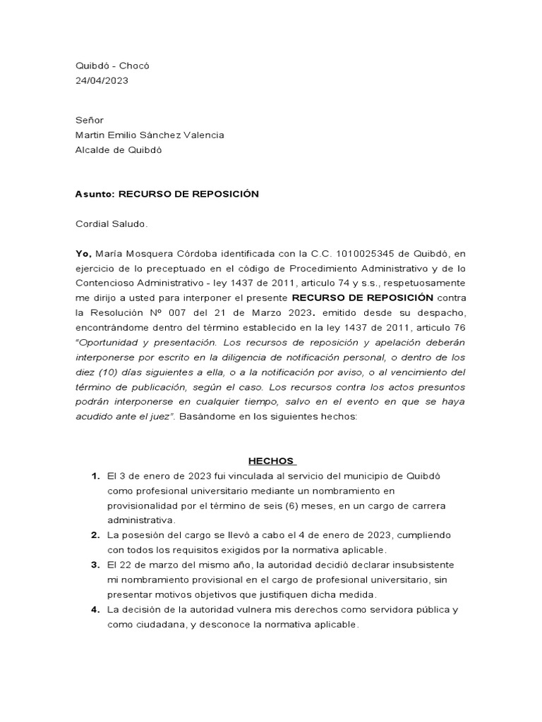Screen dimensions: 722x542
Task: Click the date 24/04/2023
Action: click(x=102, y=80)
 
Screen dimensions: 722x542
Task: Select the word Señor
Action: click(x=90, y=121)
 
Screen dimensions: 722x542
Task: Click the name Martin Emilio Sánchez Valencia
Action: click(x=150, y=135)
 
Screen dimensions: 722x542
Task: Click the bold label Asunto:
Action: click(x=95, y=194)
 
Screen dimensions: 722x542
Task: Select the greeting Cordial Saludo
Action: click(x=112, y=224)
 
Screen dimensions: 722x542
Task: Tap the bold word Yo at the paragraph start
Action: click(x=83, y=253)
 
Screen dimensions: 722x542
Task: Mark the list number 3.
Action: click(x=95, y=565)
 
